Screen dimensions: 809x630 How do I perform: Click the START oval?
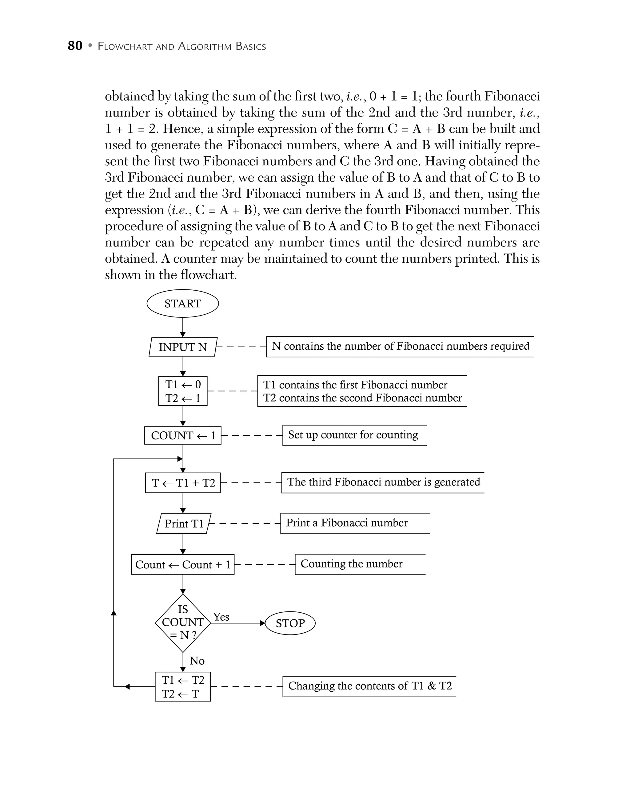pyautogui.click(x=182, y=303)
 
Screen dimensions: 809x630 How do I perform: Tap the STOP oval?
pyautogui.click(x=290, y=623)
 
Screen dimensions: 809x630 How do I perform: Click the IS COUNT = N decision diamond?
pyautogui.click(x=183, y=623)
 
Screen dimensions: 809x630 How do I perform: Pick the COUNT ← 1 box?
pyautogui.click(x=182, y=435)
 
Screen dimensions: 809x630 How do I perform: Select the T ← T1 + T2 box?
pyautogui.click(x=183, y=483)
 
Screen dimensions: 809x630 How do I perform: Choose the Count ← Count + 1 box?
pyautogui.click(x=182, y=564)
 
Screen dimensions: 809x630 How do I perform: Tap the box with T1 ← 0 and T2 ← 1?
pyautogui.click(x=182, y=391)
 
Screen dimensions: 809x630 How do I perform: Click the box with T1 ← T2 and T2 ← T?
pyautogui.click(x=182, y=687)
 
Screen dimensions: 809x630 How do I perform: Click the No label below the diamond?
pyautogui.click(x=197, y=661)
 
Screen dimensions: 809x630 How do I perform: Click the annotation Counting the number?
pyautogui.click(x=351, y=564)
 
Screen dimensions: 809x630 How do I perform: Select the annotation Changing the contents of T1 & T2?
pyautogui.click(x=370, y=686)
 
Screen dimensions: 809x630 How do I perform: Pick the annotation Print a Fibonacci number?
pyautogui.click(x=346, y=523)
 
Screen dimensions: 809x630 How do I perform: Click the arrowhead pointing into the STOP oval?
pyautogui.click(x=263, y=623)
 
